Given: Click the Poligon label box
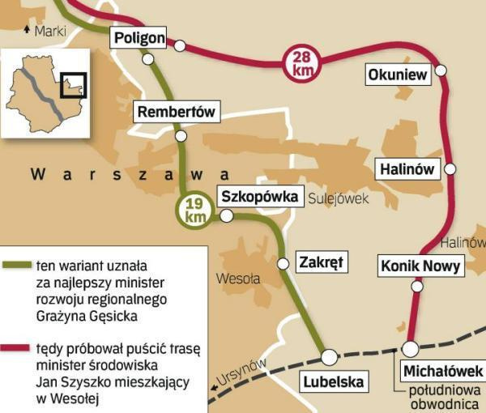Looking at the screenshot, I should [139, 37].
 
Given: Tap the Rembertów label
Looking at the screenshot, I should [176, 113].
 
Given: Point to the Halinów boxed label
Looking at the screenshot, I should [407, 169].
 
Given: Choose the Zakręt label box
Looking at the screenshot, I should [322, 262].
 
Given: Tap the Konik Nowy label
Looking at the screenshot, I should [420, 266].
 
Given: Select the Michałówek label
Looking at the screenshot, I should [442, 371].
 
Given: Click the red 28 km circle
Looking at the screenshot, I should [301, 63].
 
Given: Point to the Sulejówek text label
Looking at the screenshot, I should [339, 198].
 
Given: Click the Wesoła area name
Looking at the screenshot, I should [238, 279].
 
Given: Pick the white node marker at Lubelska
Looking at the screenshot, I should [328, 356].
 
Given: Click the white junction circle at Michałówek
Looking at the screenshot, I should [411, 348].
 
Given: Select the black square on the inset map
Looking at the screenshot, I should [73, 84].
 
